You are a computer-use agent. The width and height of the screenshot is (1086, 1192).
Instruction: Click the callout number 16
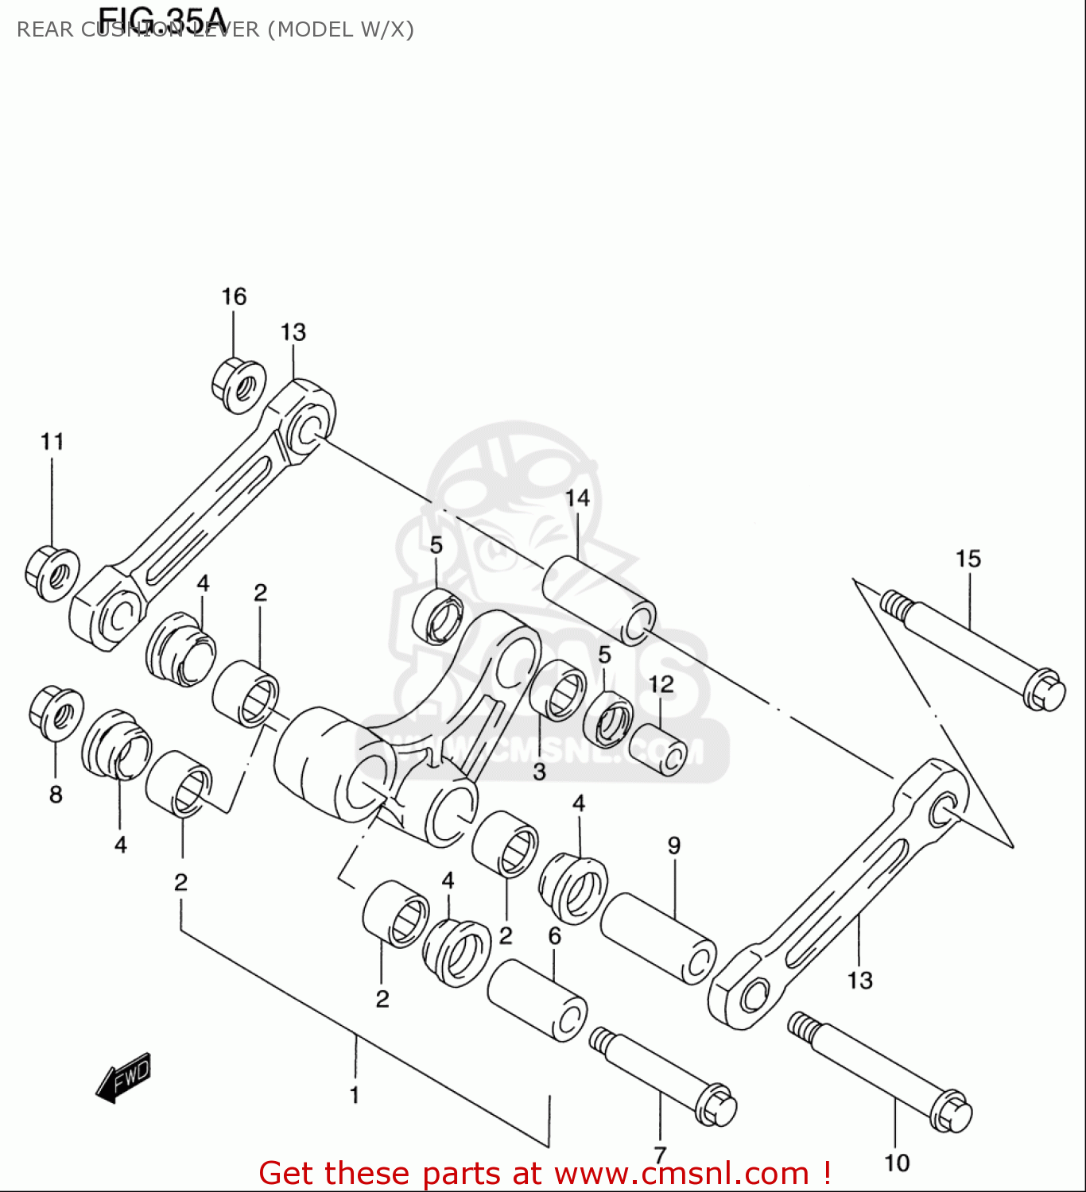pyautogui.click(x=234, y=296)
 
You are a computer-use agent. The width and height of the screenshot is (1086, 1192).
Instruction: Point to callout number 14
pyautogui.click(x=577, y=498)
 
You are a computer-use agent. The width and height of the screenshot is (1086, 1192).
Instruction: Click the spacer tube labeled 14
pyautogui.click(x=599, y=600)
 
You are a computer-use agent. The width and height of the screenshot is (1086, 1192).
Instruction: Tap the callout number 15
pyautogui.click(x=968, y=559)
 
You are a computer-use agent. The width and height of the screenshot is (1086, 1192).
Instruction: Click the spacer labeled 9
pyautogui.click(x=657, y=938)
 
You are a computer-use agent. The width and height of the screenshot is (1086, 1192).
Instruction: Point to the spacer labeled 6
pyautogui.click(x=537, y=999)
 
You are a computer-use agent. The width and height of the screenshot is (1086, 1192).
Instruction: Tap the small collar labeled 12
pyautogui.click(x=658, y=749)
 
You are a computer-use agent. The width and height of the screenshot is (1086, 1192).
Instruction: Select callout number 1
pyautogui.click(x=355, y=1094)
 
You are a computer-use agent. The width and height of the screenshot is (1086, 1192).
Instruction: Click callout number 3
pyautogui.click(x=539, y=772)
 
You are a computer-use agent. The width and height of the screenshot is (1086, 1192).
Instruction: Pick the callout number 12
pyautogui.click(x=661, y=684)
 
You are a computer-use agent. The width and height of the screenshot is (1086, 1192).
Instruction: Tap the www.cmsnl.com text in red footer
pyautogui.click(x=681, y=1174)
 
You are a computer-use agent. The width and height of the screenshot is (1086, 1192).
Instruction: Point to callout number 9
pyautogui.click(x=674, y=846)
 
